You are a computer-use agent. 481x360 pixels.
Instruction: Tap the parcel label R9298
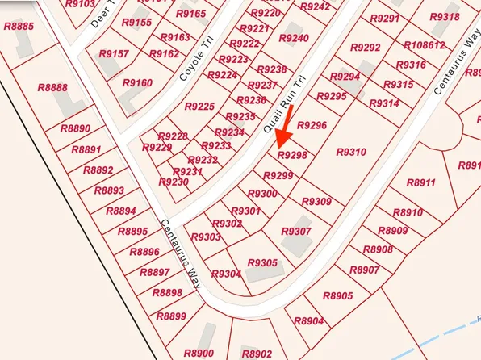pos(292,155)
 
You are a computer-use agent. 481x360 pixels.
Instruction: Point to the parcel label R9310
pos(350,152)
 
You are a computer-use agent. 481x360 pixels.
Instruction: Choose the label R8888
pos(52,88)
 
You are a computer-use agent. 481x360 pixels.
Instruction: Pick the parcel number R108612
pos(424,45)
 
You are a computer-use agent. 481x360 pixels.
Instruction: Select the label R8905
pos(337,296)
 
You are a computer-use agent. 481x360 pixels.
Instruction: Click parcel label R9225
pos(199,107)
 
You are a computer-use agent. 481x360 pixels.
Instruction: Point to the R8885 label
pos(19,27)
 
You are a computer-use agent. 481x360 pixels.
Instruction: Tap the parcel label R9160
pos(137,83)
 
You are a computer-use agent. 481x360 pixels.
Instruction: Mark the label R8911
pos(420,183)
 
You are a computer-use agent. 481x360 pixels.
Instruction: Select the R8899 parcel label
pos(170,316)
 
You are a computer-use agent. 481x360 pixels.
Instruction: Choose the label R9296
pos(312,125)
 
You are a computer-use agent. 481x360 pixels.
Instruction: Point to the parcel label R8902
pos(257,354)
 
